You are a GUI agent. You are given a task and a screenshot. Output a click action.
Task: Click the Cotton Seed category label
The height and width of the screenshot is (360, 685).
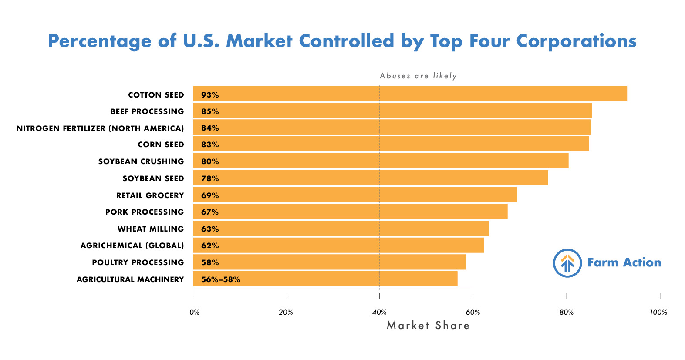(156, 95)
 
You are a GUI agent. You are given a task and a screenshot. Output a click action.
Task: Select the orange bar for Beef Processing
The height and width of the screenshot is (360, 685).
(392, 111)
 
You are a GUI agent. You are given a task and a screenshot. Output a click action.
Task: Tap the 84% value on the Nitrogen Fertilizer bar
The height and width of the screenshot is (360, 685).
(210, 128)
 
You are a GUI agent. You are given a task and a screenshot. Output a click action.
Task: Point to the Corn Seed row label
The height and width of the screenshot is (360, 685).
(161, 145)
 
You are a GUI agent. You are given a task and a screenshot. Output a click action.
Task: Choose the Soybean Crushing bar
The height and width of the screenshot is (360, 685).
(381, 161)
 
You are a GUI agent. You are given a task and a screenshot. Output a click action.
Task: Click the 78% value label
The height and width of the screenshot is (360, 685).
(210, 178)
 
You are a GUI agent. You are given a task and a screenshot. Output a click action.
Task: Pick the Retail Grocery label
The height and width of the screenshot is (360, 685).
(150, 195)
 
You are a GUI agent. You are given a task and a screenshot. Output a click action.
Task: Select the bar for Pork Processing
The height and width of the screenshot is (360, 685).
(350, 212)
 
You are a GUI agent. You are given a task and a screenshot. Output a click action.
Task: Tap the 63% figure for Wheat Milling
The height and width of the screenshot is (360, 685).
(210, 229)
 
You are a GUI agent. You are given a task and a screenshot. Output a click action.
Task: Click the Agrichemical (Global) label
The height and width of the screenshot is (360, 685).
(132, 246)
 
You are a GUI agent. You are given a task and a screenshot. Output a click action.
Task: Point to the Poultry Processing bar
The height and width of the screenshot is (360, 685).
(329, 262)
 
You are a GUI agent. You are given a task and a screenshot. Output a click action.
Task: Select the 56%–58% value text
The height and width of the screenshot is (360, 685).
(220, 279)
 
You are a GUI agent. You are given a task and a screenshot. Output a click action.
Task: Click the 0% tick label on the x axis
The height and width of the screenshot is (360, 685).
(195, 312)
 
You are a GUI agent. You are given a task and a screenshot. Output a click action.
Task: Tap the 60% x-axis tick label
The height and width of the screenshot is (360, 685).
(473, 312)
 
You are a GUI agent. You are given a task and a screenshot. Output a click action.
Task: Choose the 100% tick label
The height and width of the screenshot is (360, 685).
(658, 312)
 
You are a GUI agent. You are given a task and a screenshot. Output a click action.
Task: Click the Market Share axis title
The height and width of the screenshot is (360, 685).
(428, 326)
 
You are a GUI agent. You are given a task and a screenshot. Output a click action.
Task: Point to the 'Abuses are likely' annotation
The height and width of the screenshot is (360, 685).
(418, 76)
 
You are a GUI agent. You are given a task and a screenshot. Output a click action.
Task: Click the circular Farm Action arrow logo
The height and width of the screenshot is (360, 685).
(567, 263)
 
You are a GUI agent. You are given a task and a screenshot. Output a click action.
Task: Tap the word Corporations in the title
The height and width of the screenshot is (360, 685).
(577, 41)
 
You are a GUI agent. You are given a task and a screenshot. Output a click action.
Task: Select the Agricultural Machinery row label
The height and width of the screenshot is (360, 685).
(130, 279)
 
